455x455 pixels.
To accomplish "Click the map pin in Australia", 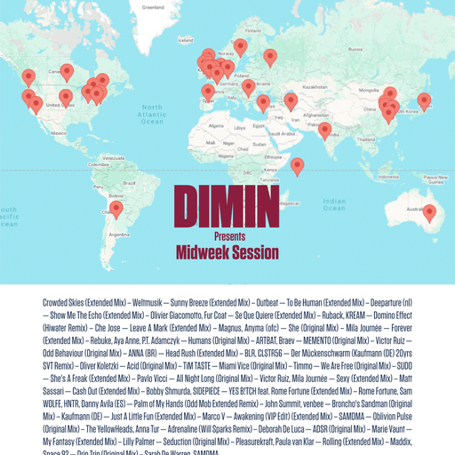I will [430, 213].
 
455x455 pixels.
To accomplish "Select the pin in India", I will [325, 131].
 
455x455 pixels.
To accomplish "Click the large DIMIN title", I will [227, 206].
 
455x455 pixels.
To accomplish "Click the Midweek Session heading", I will [227, 252].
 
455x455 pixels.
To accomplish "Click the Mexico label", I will [59, 132].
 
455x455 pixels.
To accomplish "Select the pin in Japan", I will [424, 101].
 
